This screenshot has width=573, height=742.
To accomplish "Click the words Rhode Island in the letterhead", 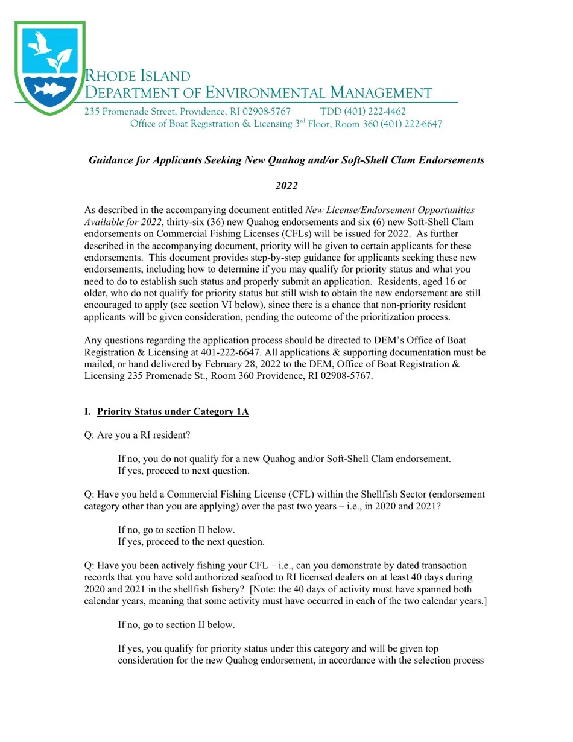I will pyautogui.click(x=137, y=76).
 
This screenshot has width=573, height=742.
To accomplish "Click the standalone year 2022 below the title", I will pyautogui.click(x=286, y=186).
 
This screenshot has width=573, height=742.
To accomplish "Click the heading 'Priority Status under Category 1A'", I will pyautogui.click(x=173, y=412).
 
